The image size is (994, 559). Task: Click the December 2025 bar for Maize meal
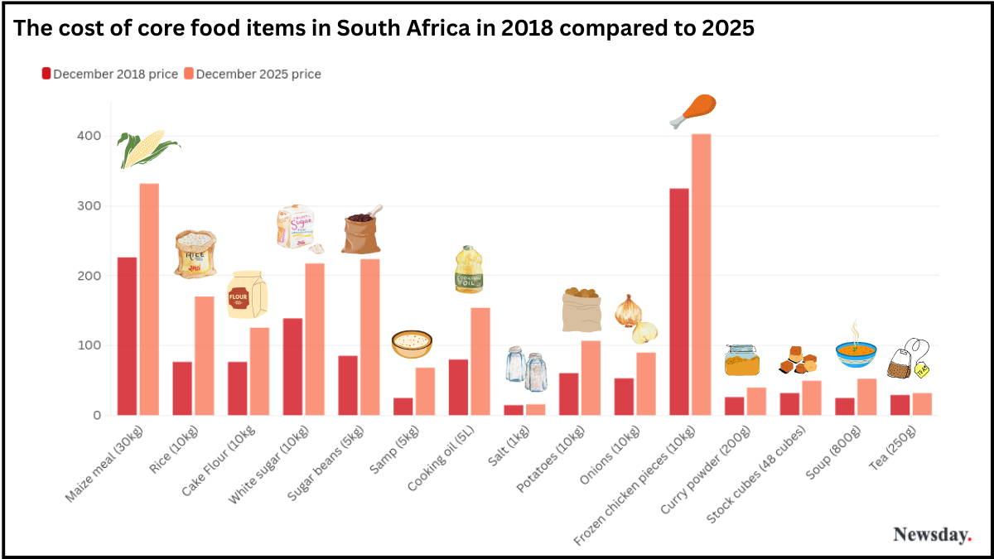pos(149,299)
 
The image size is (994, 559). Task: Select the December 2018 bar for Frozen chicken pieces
pos(679,301)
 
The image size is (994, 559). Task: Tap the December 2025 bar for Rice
pos(205,355)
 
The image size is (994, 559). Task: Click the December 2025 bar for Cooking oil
pos(480,361)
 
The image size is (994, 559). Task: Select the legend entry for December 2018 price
pos(110,74)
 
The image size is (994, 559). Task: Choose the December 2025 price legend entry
pos(253,74)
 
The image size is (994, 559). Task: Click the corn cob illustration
pos(147,149)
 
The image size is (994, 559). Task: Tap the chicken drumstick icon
pos(694,111)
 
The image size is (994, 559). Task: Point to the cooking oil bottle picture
pos(468,270)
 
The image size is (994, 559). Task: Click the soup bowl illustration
pos(856,351)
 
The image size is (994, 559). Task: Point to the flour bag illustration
pos(247,295)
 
